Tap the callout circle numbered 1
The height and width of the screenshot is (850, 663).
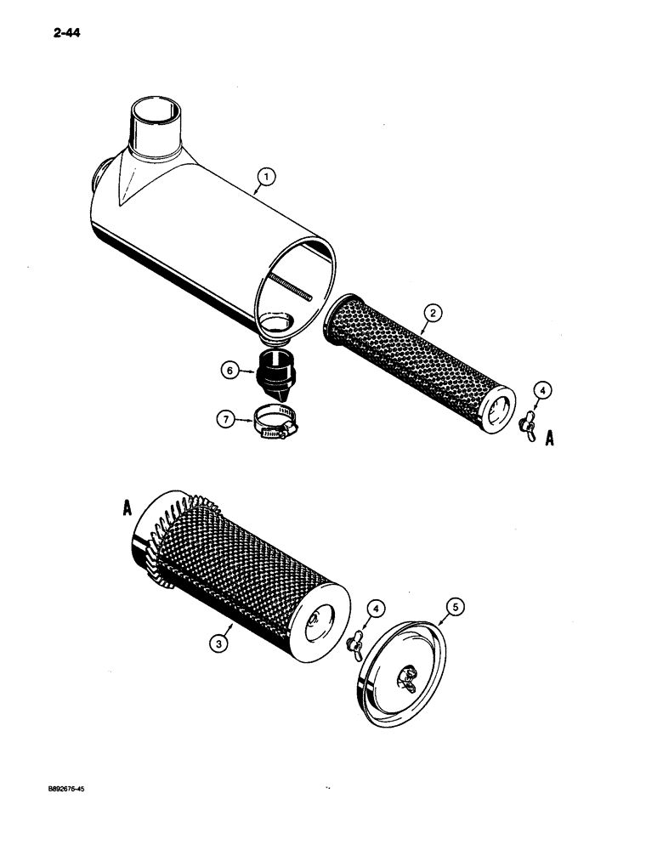(266, 177)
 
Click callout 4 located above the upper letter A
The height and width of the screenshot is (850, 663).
(543, 391)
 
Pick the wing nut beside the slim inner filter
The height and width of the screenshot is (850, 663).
(530, 423)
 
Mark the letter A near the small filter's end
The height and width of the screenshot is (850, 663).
(550, 439)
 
